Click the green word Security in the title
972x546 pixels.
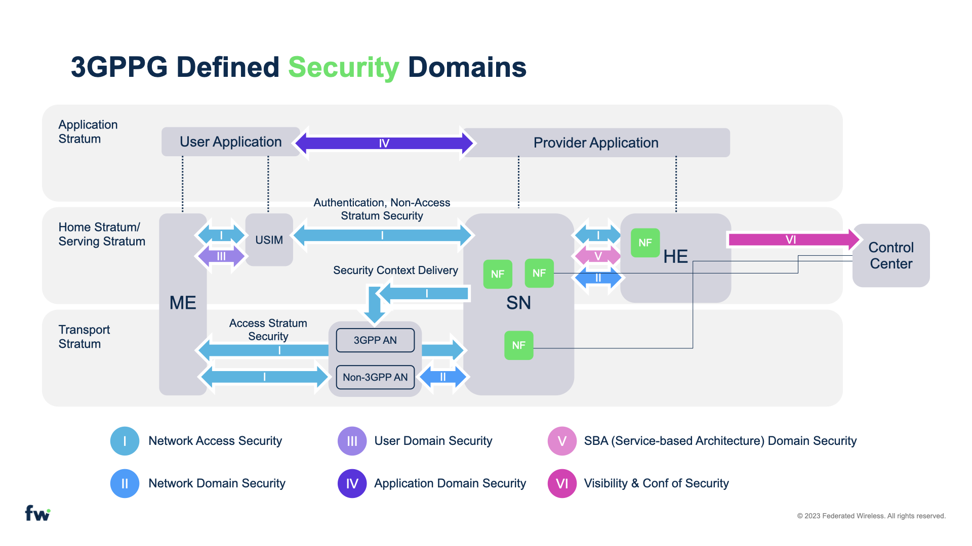coord(343,67)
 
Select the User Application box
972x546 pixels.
coord(230,142)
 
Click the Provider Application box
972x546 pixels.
coord(596,143)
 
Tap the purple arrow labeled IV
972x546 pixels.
coord(384,143)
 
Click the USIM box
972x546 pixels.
coord(269,240)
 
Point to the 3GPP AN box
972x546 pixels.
coord(375,340)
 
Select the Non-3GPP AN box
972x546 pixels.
coord(375,377)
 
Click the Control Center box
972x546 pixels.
coord(891,255)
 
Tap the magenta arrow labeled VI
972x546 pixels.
coord(791,239)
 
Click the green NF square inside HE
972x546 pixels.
coord(645,243)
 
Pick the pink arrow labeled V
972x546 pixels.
coord(598,256)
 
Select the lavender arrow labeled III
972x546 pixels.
coord(221,256)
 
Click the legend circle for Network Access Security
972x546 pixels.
coord(125,441)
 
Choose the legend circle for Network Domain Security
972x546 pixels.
coord(125,483)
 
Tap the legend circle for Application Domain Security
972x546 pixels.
coord(352,483)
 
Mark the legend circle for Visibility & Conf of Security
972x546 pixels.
coord(562,483)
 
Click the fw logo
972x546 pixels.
coord(37,513)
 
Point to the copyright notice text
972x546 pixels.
coord(871,516)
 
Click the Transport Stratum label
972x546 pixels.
coord(84,337)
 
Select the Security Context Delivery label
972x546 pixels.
coord(395,270)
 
